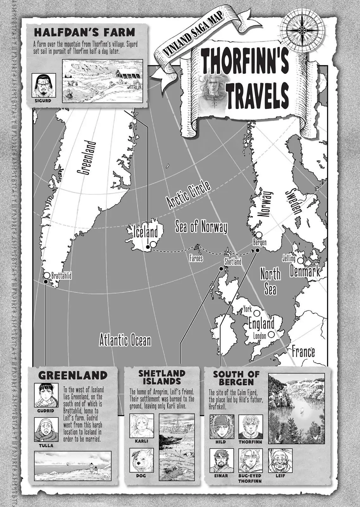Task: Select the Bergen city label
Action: (260, 242)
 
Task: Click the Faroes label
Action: (196, 258)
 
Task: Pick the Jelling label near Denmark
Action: (288, 259)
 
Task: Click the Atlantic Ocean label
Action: (125, 341)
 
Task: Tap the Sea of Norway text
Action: (201, 227)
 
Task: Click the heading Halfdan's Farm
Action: (85, 32)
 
